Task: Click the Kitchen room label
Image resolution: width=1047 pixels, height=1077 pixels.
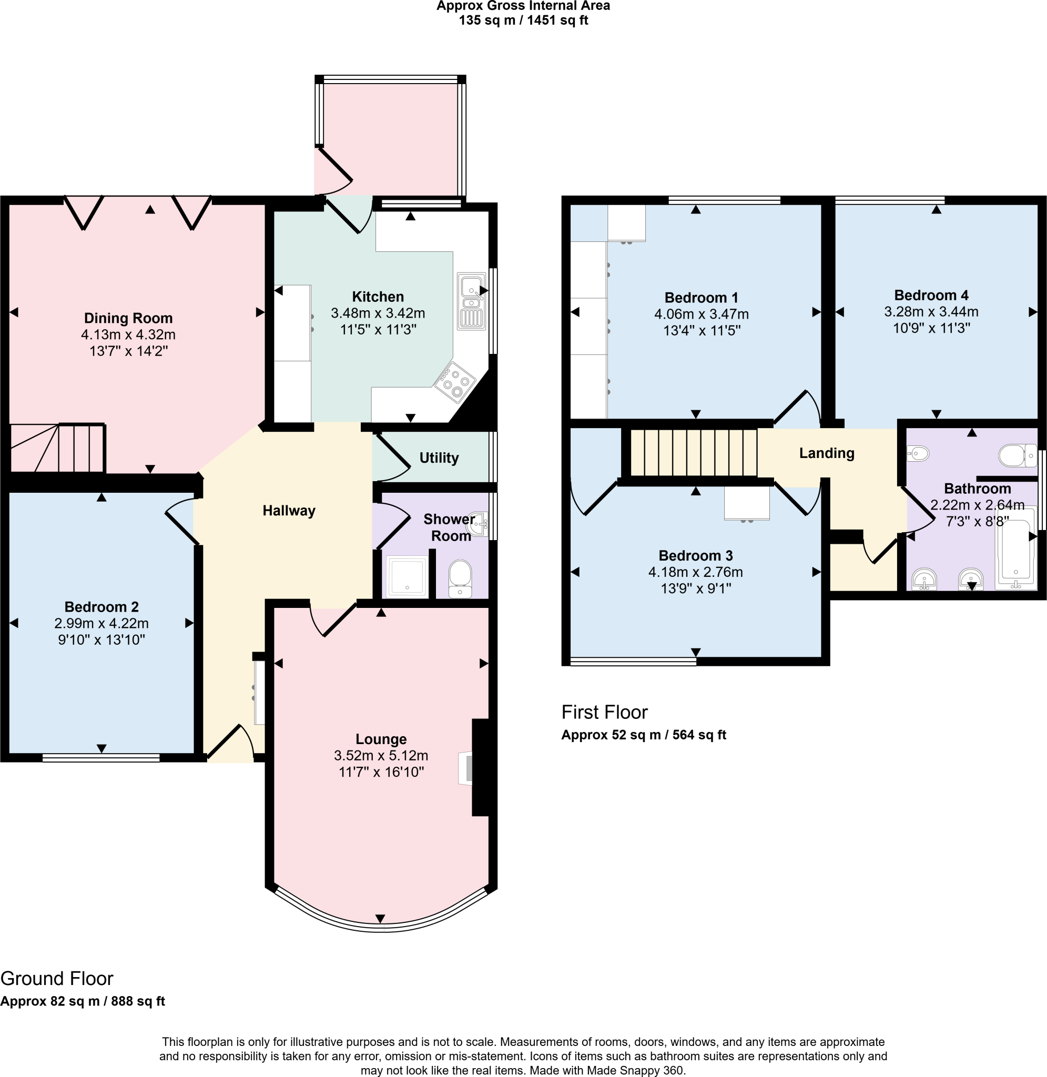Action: point(378,297)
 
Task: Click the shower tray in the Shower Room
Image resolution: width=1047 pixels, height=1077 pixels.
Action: point(407,576)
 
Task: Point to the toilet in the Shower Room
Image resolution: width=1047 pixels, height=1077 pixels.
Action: point(460,578)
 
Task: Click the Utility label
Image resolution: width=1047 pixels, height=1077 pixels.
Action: point(439,458)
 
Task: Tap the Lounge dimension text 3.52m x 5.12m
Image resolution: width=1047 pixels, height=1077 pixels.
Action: point(381,755)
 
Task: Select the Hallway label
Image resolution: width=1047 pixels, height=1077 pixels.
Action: point(289,511)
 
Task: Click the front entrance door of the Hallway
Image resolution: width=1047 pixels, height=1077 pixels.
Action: point(230,744)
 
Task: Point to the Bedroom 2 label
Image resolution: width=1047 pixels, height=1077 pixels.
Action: point(101,607)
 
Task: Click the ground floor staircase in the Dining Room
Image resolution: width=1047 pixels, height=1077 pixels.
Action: point(58,448)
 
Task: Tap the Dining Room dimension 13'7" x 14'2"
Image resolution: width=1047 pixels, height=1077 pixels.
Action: point(128,351)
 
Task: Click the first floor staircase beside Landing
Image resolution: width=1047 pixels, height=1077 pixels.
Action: point(694,452)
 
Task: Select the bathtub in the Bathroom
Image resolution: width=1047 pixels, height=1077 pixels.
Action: point(1015,548)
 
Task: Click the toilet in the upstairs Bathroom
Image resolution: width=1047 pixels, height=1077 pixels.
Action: point(1016,455)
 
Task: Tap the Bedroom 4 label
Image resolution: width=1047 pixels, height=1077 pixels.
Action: point(931,295)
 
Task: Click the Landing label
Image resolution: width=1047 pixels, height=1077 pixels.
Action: point(827,453)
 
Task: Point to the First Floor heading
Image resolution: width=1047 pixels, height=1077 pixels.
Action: point(604,713)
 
